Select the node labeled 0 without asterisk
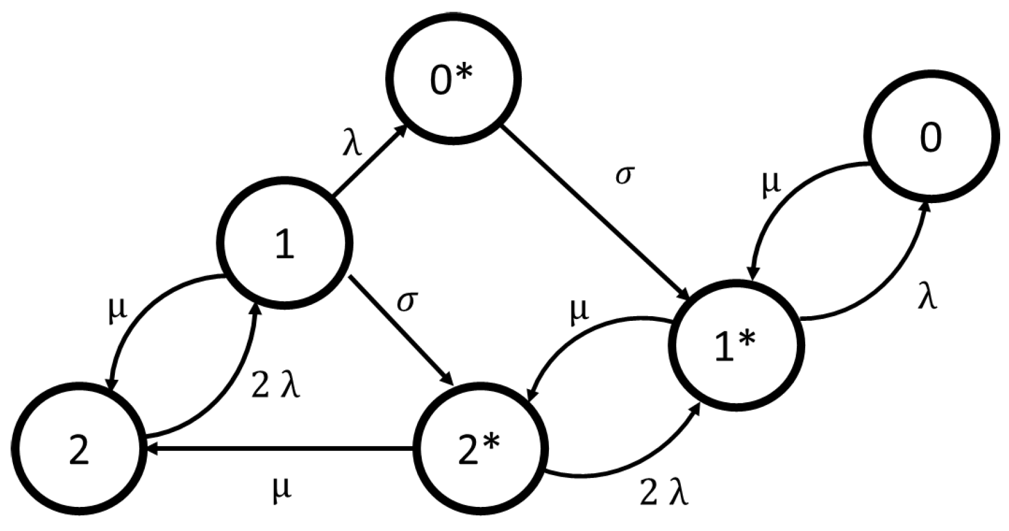point(931,137)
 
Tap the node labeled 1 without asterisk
point(285,243)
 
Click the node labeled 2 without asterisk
point(78,449)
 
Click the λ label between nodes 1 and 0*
point(352,143)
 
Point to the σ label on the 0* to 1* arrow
point(625,175)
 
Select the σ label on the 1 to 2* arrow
point(406,301)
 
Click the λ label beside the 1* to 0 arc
point(927,298)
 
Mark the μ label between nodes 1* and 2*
point(580,311)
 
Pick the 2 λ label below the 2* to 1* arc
point(664,494)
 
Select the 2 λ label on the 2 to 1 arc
point(276,386)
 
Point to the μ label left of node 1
point(118,310)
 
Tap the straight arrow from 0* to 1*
point(595,212)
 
